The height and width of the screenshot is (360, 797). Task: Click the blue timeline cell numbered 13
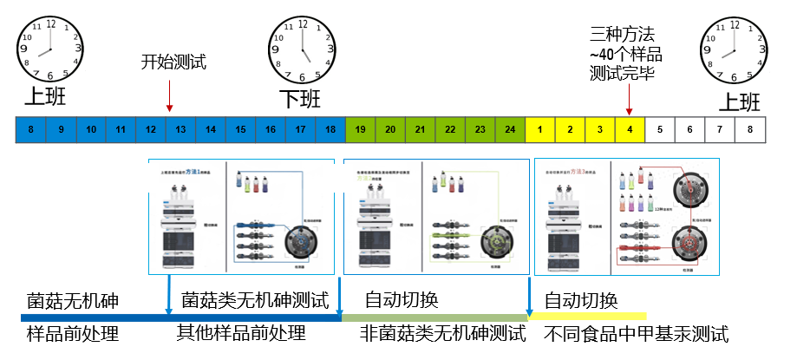pos(180,130)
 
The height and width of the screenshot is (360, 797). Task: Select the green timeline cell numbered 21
pos(420,130)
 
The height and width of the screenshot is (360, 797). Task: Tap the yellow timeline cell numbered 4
pos(630,130)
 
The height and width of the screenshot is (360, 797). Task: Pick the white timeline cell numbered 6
pos(689,130)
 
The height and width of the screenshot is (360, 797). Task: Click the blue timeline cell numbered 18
pos(330,130)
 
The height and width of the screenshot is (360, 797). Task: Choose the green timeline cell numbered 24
pos(510,130)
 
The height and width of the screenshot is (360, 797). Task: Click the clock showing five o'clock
pos(304,47)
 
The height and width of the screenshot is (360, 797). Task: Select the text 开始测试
pos(174,62)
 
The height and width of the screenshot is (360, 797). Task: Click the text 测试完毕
pos(622,74)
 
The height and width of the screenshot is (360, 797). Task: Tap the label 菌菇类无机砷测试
pos(255,301)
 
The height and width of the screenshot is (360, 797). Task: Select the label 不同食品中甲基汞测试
pos(636,334)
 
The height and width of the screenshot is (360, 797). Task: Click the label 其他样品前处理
pos(241,333)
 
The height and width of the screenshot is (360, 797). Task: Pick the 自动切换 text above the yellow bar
pos(580,301)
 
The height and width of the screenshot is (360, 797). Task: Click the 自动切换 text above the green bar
pos(401,301)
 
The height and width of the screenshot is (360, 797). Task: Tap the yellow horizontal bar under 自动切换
pos(590,317)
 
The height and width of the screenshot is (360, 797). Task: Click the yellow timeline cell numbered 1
pos(539,130)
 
